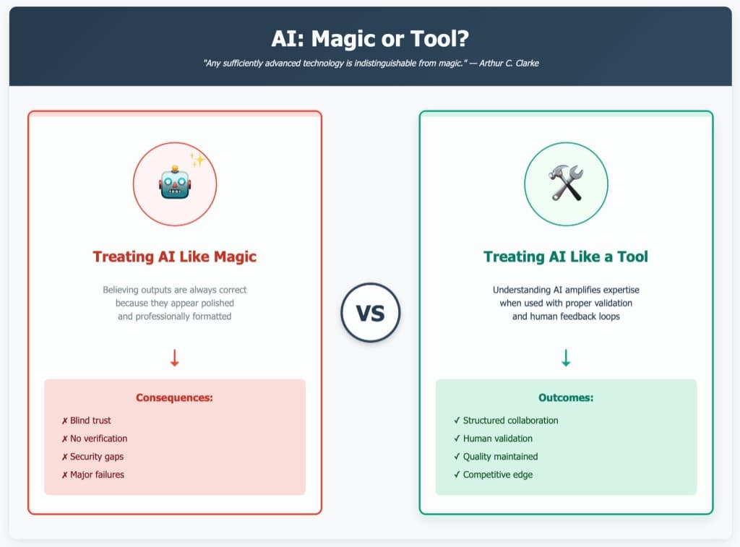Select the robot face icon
point(174,184)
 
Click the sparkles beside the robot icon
point(197,160)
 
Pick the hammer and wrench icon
point(566,184)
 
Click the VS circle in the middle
point(370,313)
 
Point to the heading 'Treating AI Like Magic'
point(174,257)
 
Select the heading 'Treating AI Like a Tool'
point(566,257)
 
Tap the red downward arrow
point(174,358)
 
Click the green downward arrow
point(566,358)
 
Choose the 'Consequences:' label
point(174,397)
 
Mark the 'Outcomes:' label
point(566,397)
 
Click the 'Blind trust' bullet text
point(90,421)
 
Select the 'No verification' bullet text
point(98,439)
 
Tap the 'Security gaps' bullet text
point(97,457)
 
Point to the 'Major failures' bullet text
point(97,475)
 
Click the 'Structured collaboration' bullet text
point(510,421)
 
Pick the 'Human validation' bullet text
point(498,439)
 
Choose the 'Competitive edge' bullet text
point(498,475)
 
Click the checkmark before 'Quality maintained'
point(457,457)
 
